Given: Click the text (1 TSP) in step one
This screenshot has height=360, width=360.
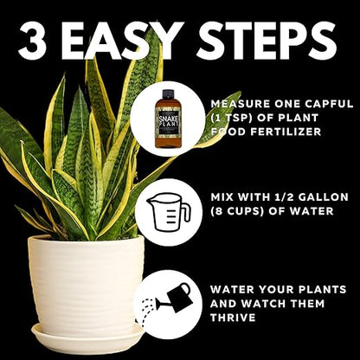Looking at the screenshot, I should [233, 118].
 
